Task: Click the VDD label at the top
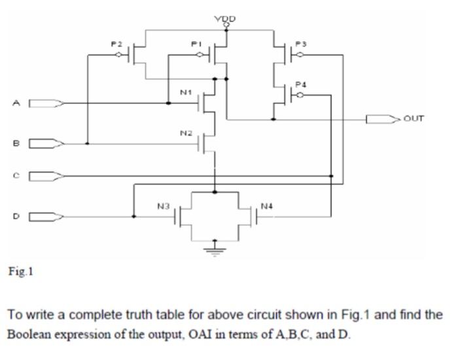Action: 226,18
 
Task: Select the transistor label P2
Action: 116,43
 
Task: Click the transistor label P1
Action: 195,43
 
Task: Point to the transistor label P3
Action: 301,43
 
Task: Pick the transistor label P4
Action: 300,84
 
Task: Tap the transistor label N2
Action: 186,133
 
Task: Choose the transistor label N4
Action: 266,206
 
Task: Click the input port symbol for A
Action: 46,103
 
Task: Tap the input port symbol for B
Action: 46,143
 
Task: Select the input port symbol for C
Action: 46,175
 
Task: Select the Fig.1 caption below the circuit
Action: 20,270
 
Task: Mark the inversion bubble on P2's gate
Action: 118,56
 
